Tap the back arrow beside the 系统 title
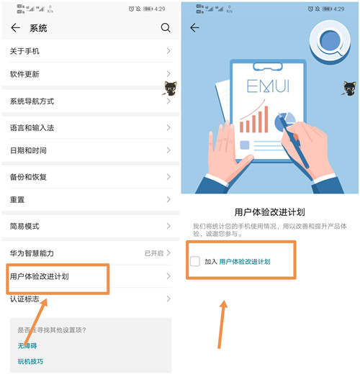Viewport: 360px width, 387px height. pyautogui.click(x=16, y=28)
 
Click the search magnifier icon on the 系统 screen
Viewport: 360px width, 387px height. pyautogui.click(x=166, y=28)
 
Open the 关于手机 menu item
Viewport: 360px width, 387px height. pyautogui.click(x=25, y=51)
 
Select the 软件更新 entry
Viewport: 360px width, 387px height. pyautogui.click(x=25, y=74)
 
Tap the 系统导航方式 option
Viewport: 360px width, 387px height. pyautogui.click(x=32, y=101)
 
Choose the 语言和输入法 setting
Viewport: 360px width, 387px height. pyautogui.click(x=32, y=127)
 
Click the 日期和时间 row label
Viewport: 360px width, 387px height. pyautogui.click(x=29, y=150)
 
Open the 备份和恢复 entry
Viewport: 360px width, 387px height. pyautogui.click(x=29, y=177)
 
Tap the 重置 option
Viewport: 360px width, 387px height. pyautogui.click(x=17, y=199)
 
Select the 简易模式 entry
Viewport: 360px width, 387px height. pyautogui.click(x=25, y=226)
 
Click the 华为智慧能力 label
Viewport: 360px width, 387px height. pyautogui.click(x=32, y=253)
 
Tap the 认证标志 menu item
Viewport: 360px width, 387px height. pyautogui.click(x=25, y=299)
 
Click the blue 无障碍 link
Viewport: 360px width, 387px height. pyautogui.click(x=27, y=346)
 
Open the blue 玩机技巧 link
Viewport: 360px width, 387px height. pyautogui.click(x=31, y=361)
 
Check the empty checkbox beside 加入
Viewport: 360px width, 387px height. pyautogui.click(x=195, y=261)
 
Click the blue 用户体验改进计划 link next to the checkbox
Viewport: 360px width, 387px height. pyautogui.click(x=245, y=262)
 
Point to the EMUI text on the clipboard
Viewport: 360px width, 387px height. pyautogui.click(x=268, y=87)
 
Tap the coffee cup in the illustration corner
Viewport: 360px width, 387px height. pyautogui.click(x=332, y=40)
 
